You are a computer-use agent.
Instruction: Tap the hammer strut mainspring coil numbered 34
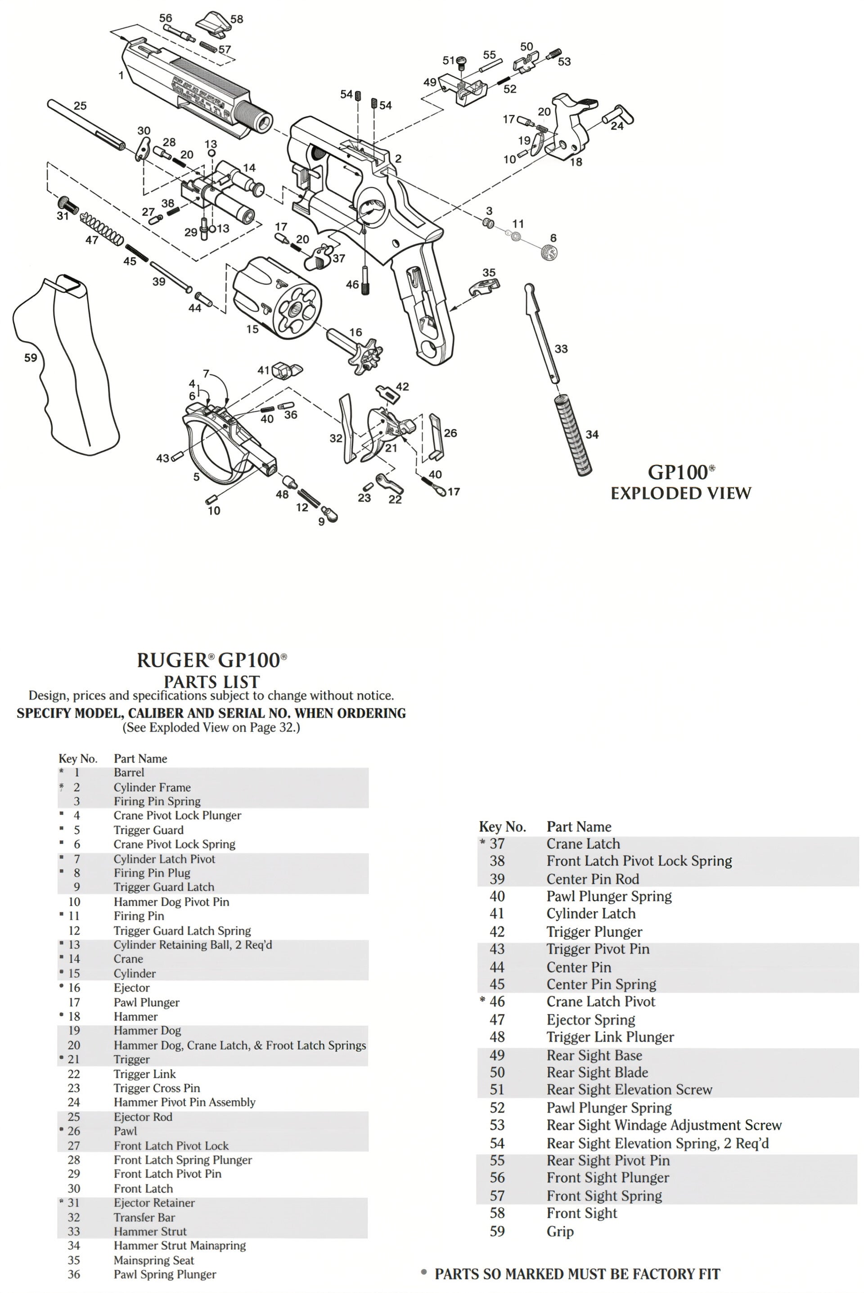pos(574,435)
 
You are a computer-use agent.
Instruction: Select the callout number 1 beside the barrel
pos(121,76)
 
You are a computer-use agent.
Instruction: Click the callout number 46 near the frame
pos(352,285)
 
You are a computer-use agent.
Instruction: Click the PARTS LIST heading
pos(211,681)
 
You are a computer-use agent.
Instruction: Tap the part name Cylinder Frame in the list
pos(152,787)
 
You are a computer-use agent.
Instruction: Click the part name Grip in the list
pos(560,1232)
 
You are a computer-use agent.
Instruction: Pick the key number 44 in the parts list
pos(497,967)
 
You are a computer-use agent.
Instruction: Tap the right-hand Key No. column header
pos(502,827)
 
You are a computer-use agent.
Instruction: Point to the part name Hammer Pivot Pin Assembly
pos(184,1102)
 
